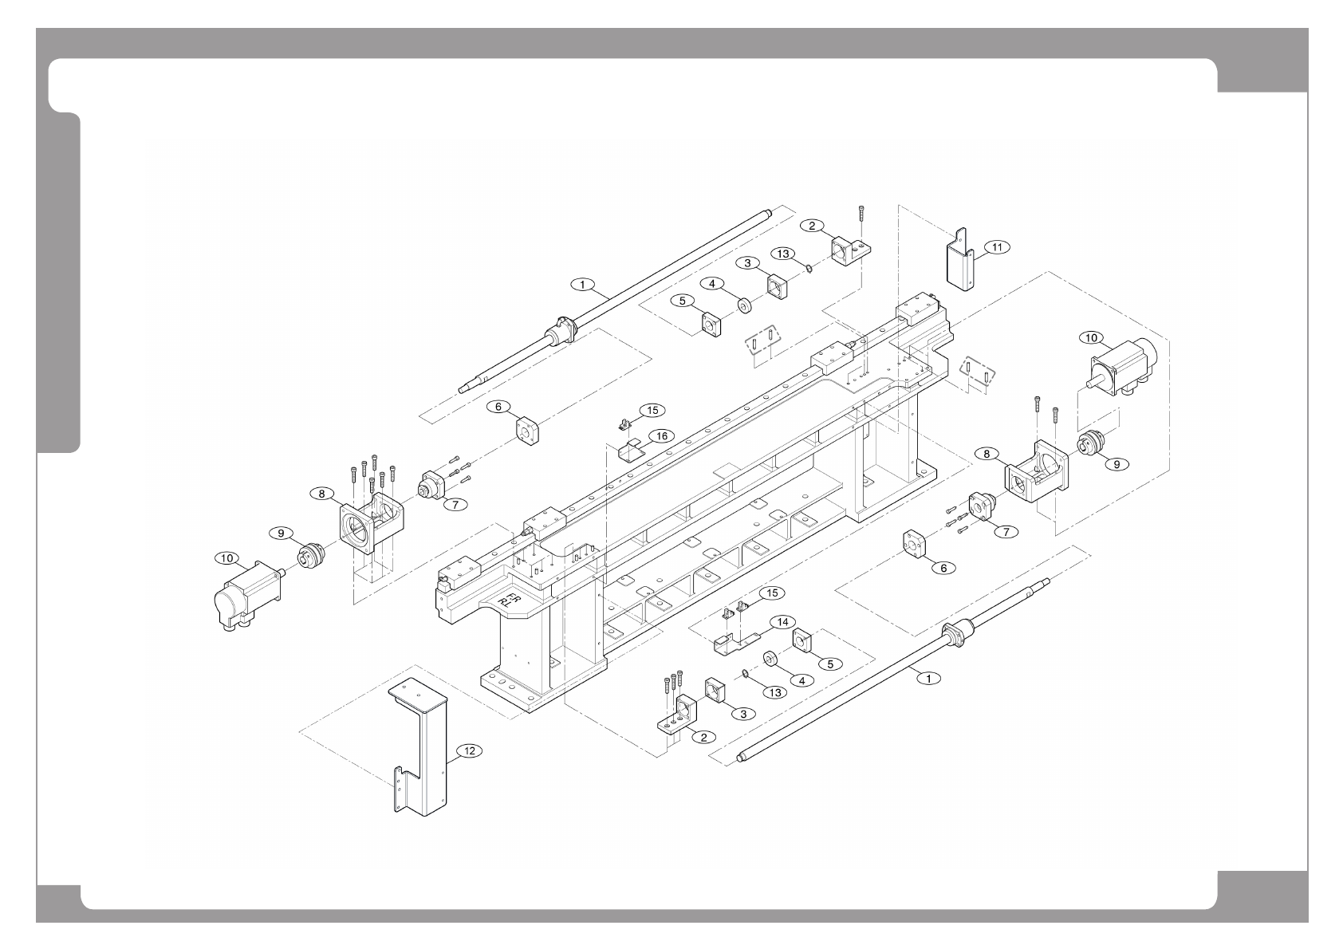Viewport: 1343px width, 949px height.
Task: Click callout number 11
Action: click(997, 247)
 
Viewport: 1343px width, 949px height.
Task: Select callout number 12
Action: click(469, 750)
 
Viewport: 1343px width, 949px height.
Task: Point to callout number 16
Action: click(660, 435)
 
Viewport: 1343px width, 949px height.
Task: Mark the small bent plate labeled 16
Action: click(632, 450)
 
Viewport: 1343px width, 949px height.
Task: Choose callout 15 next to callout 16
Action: click(652, 410)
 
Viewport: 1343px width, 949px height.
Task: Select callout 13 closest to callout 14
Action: click(774, 691)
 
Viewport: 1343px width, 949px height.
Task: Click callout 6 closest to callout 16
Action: click(499, 407)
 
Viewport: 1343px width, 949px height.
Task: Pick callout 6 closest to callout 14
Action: click(943, 568)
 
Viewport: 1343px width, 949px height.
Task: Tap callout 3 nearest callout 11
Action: click(747, 262)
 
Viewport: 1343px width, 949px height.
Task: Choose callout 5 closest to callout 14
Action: click(829, 663)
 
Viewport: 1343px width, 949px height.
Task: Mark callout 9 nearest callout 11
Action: click(1116, 464)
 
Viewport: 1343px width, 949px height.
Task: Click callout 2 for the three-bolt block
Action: click(703, 737)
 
